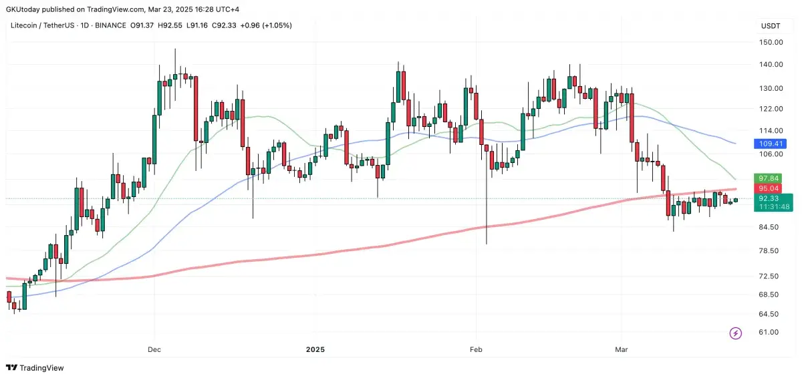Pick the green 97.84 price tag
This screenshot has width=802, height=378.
click(763, 178)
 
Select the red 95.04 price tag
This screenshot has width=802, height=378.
click(763, 188)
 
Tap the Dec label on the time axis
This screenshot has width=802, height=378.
click(154, 349)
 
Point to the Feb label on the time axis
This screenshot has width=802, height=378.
click(475, 349)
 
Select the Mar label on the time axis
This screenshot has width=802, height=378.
click(621, 349)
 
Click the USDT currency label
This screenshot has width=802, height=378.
click(771, 25)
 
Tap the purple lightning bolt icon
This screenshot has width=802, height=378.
click(736, 333)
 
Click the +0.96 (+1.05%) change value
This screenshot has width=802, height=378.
click(267, 25)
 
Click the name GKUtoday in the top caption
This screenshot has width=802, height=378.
click(23, 9)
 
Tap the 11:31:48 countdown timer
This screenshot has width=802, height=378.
click(772, 207)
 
